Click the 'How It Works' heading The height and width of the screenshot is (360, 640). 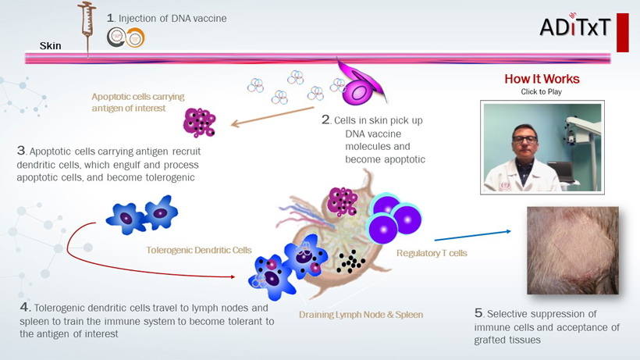pos(542,79)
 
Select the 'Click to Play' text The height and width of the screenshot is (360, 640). pos(542,91)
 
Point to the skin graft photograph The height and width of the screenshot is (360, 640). pos(574,251)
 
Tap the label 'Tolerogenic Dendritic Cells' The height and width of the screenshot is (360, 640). pos(199,251)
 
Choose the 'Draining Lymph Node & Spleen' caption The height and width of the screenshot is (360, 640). pos(361,315)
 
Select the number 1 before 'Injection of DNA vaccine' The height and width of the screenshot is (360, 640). pos(110,17)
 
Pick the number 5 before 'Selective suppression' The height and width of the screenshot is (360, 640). pos(478,313)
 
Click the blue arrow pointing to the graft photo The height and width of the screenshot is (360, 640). pos(472,235)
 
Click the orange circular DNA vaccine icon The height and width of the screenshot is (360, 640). pos(136,36)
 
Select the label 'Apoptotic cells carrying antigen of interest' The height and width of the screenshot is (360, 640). pos(138,102)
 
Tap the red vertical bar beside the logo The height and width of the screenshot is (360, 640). pos(622,32)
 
